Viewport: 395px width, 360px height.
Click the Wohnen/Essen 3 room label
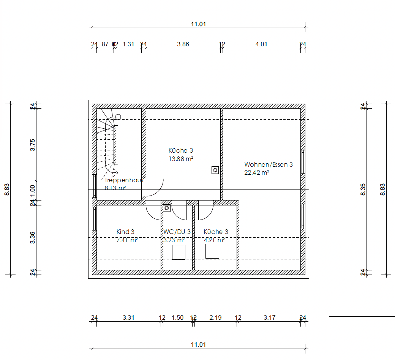pos(269,164)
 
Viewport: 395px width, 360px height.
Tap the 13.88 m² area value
pos(181,159)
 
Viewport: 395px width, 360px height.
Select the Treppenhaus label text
pos(124,180)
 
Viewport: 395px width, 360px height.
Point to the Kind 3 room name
pos(125,232)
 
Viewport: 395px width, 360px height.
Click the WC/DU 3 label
pos(177,232)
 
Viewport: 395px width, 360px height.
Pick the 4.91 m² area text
pos(214,240)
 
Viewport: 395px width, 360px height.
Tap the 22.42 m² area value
pos(257,172)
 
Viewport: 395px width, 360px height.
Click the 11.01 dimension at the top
pos(198,24)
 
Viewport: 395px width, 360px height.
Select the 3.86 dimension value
pos(183,44)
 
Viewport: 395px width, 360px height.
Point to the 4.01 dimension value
pos(261,44)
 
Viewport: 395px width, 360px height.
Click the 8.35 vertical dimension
pos(363,189)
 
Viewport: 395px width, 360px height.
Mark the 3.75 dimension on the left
pos(33,145)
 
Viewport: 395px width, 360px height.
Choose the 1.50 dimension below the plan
pos(177,317)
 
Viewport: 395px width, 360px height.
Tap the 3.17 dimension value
pos(269,317)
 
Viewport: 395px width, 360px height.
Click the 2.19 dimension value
pos(215,317)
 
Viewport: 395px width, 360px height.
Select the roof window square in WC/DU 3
pos(179,252)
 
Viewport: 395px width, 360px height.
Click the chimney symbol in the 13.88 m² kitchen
pos(215,170)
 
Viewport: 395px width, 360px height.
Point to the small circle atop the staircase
pos(118,117)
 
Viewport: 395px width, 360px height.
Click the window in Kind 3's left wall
pos(94,218)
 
